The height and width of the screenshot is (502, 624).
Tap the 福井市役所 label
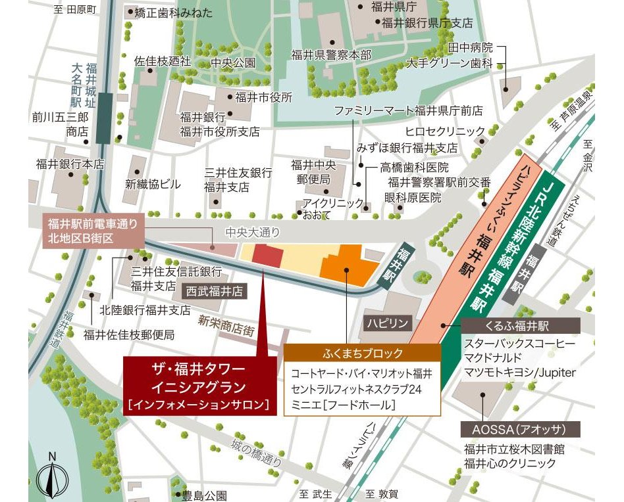pyautogui.click(x=263, y=97)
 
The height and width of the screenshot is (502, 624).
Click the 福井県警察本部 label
pyautogui.click(x=331, y=55)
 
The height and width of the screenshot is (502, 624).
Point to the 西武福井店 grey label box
pyautogui.click(x=214, y=290)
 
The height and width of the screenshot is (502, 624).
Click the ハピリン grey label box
pyautogui.click(x=390, y=323)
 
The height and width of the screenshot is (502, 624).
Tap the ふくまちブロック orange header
pyautogui.click(x=363, y=353)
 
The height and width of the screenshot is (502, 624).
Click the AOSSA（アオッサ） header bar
pyautogui.click(x=520, y=430)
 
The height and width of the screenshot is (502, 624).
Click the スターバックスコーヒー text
pyautogui.click(x=519, y=344)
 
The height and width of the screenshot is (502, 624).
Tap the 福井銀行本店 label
pyautogui.click(x=70, y=164)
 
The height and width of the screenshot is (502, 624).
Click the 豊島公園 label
pyautogui.click(x=204, y=495)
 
